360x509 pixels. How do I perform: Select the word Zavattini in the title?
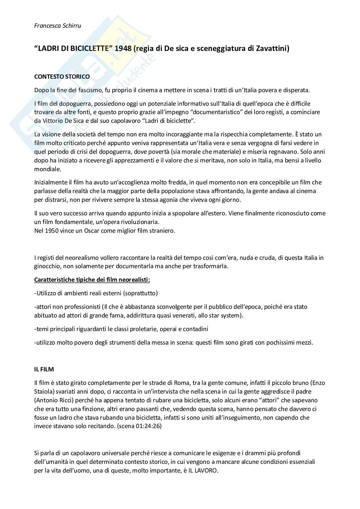(x=271, y=49)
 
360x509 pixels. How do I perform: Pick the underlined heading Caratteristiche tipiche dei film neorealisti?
(x=92, y=279)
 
